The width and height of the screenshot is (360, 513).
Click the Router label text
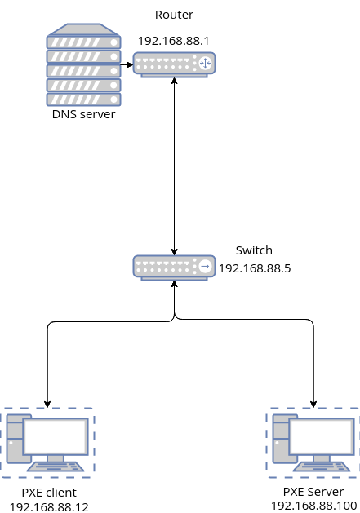coord(173,15)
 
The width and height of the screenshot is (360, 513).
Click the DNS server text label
coord(83,114)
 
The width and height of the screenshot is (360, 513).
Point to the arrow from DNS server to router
coord(127,63)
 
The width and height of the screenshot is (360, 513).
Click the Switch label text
coord(254,250)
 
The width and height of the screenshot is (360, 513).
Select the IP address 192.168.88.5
coord(255,268)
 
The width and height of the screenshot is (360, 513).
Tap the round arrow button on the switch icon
coord(205,266)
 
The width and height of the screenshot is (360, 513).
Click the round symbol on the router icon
coord(205,63)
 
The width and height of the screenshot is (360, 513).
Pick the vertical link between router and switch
coord(174,163)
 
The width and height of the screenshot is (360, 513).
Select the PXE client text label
coord(49,493)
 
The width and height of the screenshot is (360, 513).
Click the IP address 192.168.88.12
coord(49,506)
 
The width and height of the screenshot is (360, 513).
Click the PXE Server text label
coord(314,492)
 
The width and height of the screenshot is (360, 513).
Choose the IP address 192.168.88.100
coord(314,506)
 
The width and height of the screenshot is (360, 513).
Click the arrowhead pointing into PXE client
coord(48,402)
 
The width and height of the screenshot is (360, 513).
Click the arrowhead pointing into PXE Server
coord(313,402)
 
